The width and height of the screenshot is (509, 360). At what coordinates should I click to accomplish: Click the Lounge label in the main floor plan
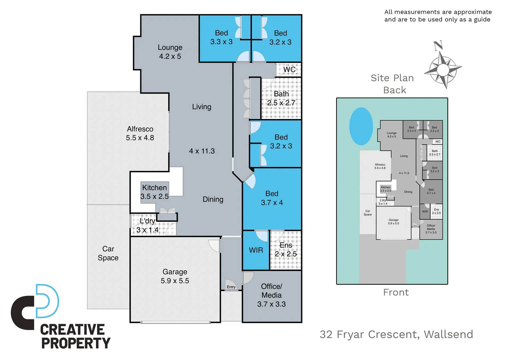click(170, 52)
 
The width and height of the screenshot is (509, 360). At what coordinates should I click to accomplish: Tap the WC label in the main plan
click(289, 70)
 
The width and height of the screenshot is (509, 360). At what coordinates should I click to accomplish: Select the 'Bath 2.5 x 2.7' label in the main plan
click(281, 98)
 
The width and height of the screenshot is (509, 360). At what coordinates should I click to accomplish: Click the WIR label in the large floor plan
click(256, 250)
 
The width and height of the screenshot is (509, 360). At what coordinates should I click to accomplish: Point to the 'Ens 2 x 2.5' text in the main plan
click(285, 250)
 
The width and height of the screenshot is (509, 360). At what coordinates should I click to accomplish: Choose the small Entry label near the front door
click(231, 287)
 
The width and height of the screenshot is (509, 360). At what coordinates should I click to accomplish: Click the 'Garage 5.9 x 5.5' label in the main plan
click(175, 276)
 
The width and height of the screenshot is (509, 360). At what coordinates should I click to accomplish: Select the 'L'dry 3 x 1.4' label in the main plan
click(148, 225)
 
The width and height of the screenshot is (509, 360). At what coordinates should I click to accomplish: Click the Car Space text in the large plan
click(108, 253)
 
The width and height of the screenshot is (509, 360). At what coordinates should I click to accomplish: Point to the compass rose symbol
click(443, 68)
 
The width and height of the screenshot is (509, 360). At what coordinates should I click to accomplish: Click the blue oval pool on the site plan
click(361, 126)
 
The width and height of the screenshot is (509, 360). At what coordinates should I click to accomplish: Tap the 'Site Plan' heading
click(392, 78)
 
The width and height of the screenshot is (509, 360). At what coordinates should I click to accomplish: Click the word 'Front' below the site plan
click(396, 292)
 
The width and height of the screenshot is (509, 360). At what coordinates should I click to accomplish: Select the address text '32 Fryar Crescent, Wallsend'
click(396, 334)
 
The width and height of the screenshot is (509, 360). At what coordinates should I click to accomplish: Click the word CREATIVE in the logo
click(72, 330)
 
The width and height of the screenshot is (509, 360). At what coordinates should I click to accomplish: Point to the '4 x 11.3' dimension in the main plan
click(202, 151)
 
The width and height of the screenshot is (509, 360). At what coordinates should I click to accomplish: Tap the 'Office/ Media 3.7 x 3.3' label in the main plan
click(271, 295)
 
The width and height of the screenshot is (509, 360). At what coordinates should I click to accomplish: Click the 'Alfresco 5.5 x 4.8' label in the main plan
click(140, 133)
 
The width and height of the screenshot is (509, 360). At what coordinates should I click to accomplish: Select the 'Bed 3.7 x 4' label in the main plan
click(272, 198)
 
